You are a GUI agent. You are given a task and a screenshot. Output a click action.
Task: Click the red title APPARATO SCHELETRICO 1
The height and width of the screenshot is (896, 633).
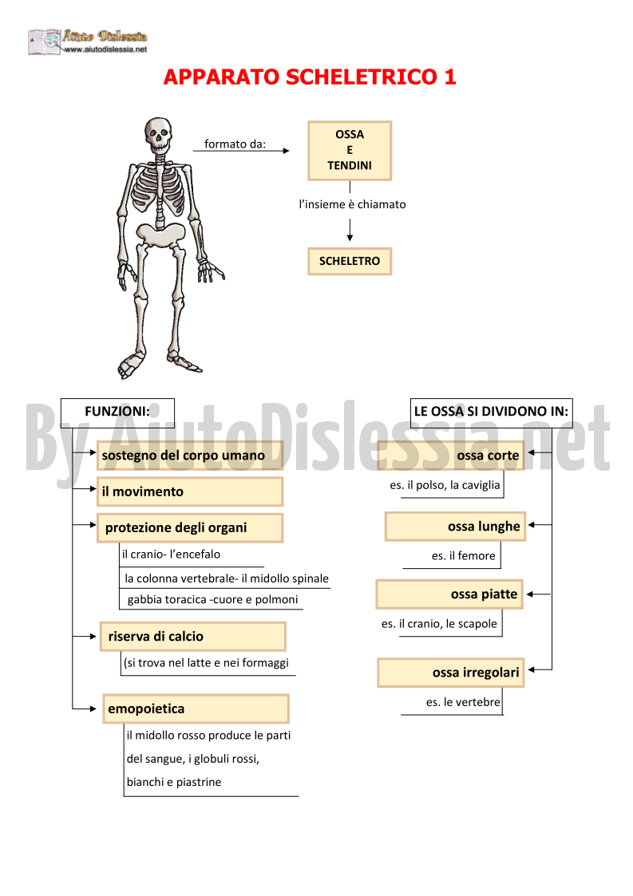310,77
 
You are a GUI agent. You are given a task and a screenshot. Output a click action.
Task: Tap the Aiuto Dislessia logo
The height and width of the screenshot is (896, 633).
88,41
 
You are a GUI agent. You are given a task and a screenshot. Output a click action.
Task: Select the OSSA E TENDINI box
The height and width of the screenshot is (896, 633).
350,150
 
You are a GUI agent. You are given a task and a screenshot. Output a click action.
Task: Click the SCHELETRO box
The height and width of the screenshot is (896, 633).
350,261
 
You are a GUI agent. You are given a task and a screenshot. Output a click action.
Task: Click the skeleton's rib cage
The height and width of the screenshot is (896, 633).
160,188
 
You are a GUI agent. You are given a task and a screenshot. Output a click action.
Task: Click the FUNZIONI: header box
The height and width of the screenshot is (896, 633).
117,412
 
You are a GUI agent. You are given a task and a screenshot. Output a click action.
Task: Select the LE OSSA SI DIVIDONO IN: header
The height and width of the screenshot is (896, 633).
491,412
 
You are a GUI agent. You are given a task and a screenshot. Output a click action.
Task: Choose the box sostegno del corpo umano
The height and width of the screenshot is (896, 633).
190,456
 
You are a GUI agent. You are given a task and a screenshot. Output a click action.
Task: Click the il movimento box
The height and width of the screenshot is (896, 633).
190,491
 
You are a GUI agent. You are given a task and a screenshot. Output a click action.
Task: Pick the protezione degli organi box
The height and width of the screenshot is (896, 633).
190,527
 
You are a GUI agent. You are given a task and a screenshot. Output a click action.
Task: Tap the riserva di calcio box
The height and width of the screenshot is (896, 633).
192,636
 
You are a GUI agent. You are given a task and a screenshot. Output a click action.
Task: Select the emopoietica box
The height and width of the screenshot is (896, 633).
196,709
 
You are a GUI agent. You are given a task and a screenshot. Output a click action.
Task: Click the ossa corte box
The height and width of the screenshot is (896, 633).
450,456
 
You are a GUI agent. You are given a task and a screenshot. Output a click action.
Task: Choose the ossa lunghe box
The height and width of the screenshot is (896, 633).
455,527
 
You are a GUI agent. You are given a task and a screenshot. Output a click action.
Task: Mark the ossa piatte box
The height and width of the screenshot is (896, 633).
449,594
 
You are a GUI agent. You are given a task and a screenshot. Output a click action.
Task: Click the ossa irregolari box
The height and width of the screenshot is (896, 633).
450,673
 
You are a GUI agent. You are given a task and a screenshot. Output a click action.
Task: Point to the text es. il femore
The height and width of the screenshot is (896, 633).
464,556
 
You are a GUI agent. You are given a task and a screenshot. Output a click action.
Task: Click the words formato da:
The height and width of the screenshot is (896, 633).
235,144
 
